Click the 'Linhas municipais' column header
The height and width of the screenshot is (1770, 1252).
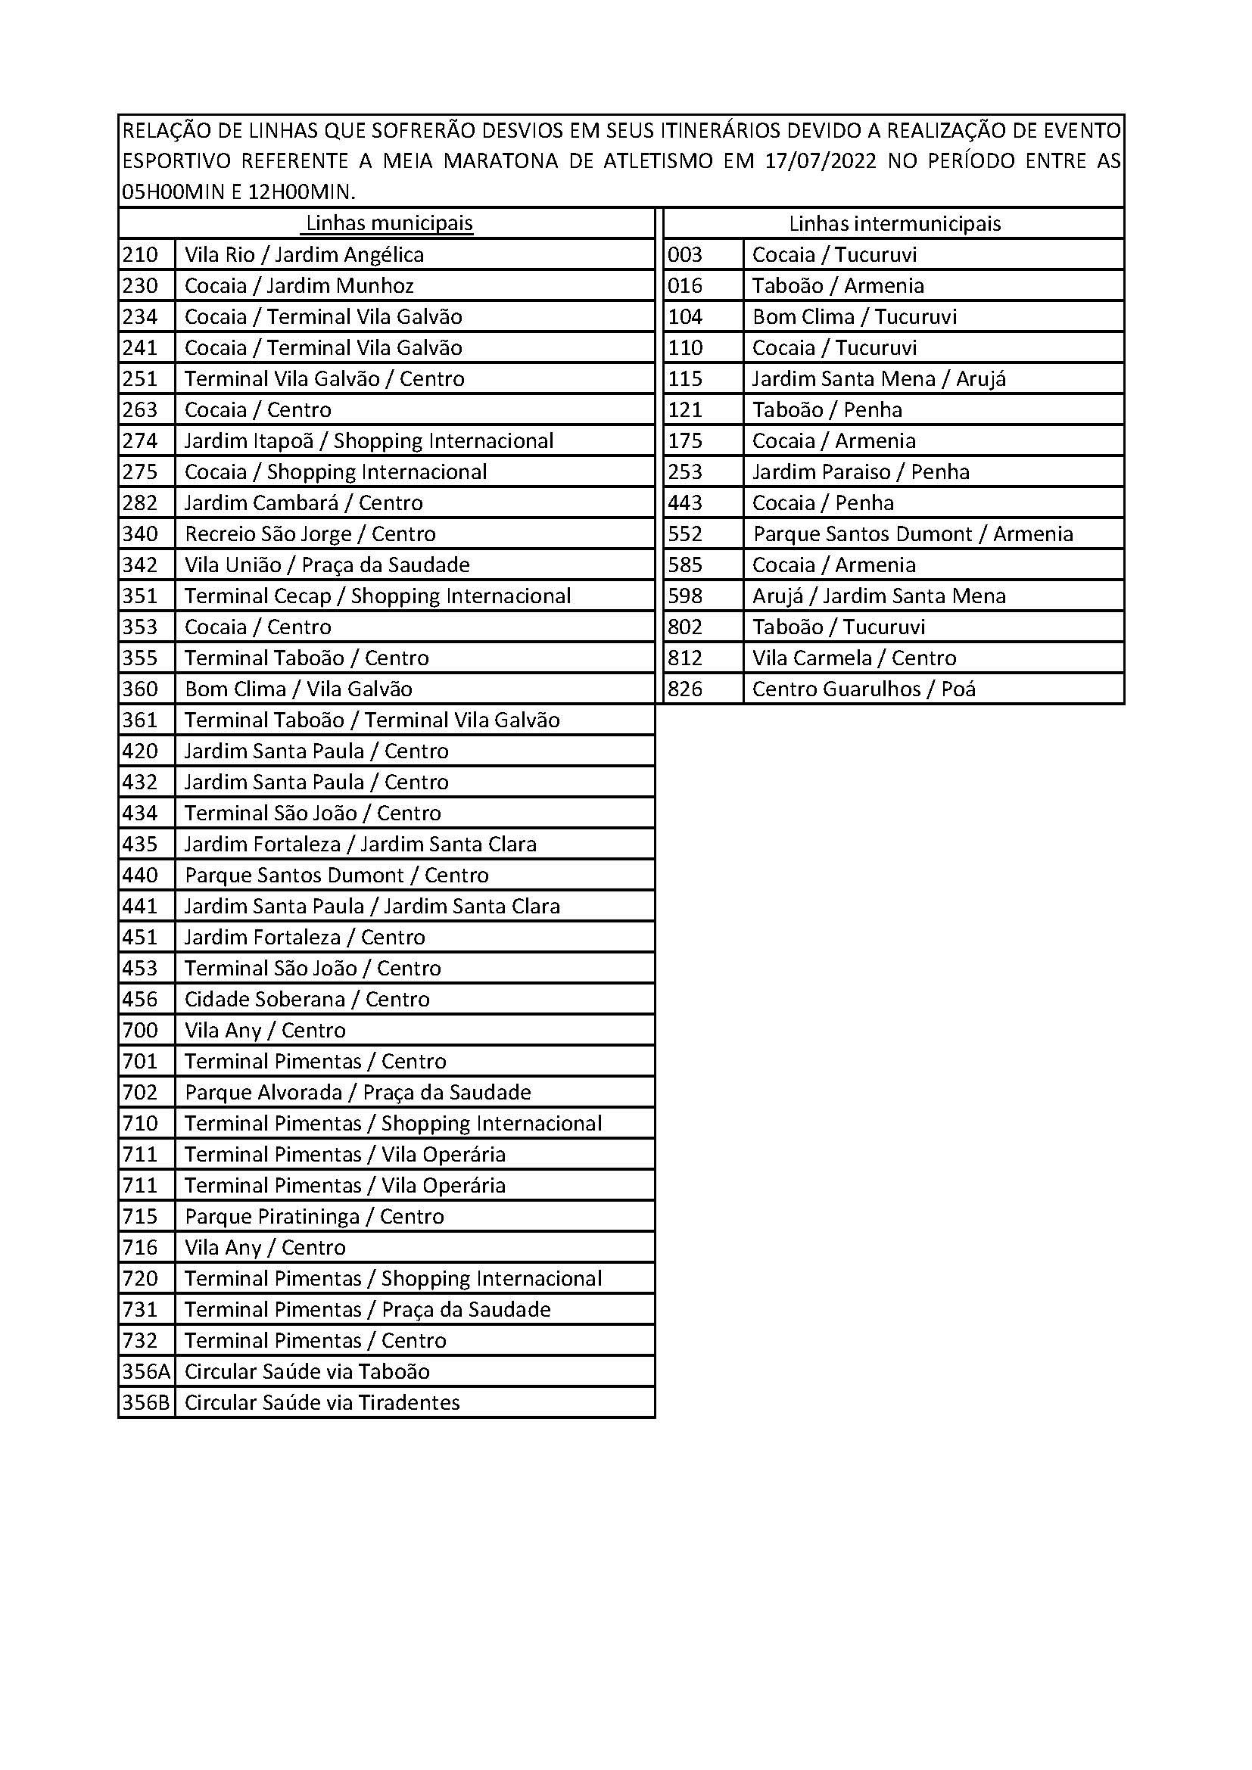[389, 223]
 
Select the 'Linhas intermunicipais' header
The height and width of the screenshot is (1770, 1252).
[894, 223]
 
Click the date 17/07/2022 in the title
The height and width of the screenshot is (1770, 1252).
[821, 161]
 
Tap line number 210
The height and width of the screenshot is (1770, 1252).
[140, 255]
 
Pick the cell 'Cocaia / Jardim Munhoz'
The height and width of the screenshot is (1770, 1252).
[299, 286]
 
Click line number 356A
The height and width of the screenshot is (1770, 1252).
[145, 1371]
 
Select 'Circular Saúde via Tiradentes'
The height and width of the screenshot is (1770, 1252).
[322, 1402]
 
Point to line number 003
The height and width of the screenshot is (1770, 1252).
[684, 255]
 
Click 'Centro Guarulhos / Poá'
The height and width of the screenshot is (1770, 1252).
[864, 689]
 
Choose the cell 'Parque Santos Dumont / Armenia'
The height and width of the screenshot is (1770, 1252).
[913, 534]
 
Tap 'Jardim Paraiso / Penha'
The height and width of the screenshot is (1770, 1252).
[861, 471]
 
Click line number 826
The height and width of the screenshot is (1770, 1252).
[684, 689]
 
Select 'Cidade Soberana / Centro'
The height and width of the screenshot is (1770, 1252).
[307, 999]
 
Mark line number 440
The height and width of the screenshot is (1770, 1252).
[140, 875]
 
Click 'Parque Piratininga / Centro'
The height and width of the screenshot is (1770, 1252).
[315, 1217]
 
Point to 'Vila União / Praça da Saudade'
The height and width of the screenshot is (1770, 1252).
[327, 565]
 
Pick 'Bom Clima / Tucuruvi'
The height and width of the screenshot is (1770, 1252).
[854, 317]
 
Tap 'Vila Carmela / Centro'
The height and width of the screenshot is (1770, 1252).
[854, 658]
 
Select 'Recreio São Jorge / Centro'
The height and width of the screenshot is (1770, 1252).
[310, 534]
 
